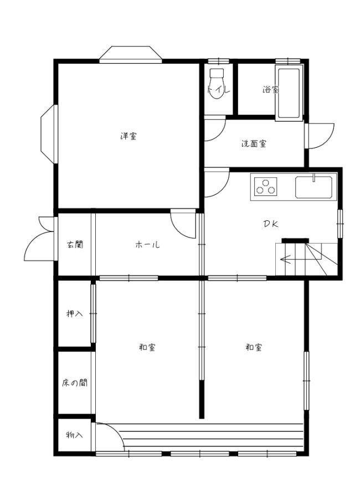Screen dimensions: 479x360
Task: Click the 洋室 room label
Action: click(128, 136)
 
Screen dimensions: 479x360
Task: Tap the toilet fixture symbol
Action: click(217, 84)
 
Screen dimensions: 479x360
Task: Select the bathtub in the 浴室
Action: click(289, 92)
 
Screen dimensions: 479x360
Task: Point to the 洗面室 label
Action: click(253, 144)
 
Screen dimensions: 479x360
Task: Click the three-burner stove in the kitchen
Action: click(266, 187)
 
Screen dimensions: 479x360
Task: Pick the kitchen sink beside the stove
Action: click(314, 187)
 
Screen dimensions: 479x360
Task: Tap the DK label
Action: click(270, 224)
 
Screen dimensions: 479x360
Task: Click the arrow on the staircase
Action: click(288, 258)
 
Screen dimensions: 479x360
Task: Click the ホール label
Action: click(147, 244)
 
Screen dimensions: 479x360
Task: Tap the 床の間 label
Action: click(74, 383)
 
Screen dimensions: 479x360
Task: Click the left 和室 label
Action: click(147, 347)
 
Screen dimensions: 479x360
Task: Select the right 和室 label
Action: click(254, 347)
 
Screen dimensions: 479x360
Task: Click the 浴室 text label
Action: click(270, 89)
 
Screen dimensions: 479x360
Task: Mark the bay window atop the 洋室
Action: click(131, 54)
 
